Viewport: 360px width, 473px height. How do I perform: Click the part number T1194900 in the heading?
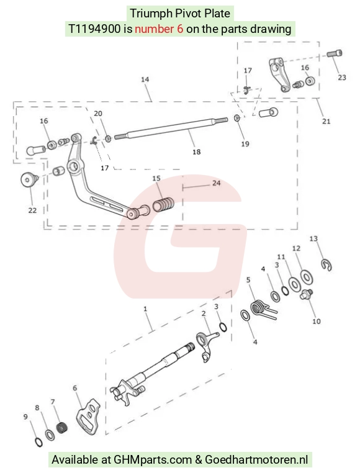pyautogui.click(x=94, y=29)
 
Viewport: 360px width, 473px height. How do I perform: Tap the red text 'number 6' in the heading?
pyautogui.click(x=159, y=29)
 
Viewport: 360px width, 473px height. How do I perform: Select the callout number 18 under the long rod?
pyautogui.click(x=196, y=151)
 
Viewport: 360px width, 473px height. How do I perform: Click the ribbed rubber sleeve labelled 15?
pyautogui.click(x=163, y=204)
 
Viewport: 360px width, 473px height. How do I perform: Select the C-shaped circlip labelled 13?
pyautogui.click(x=326, y=265)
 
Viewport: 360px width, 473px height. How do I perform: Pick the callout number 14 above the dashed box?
pyautogui.click(x=145, y=79)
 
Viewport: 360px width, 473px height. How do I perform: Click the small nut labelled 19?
pyautogui.click(x=237, y=118)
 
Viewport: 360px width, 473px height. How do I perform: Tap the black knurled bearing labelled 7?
pyautogui.click(x=62, y=428)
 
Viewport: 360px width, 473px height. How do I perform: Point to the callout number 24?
pyautogui.click(x=216, y=183)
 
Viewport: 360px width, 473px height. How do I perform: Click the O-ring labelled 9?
pyautogui.click(x=38, y=442)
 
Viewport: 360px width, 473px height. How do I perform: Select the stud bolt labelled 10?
pyautogui.click(x=306, y=294)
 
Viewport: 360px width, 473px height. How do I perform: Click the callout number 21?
pyautogui.click(x=326, y=121)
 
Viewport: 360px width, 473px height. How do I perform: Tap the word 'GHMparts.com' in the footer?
pyautogui.click(x=153, y=460)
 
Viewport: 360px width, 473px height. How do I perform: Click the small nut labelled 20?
pyautogui.click(x=108, y=139)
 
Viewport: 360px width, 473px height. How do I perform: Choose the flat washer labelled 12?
pyautogui.click(x=307, y=277)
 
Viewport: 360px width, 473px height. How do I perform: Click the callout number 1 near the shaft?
pyautogui.click(x=145, y=309)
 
